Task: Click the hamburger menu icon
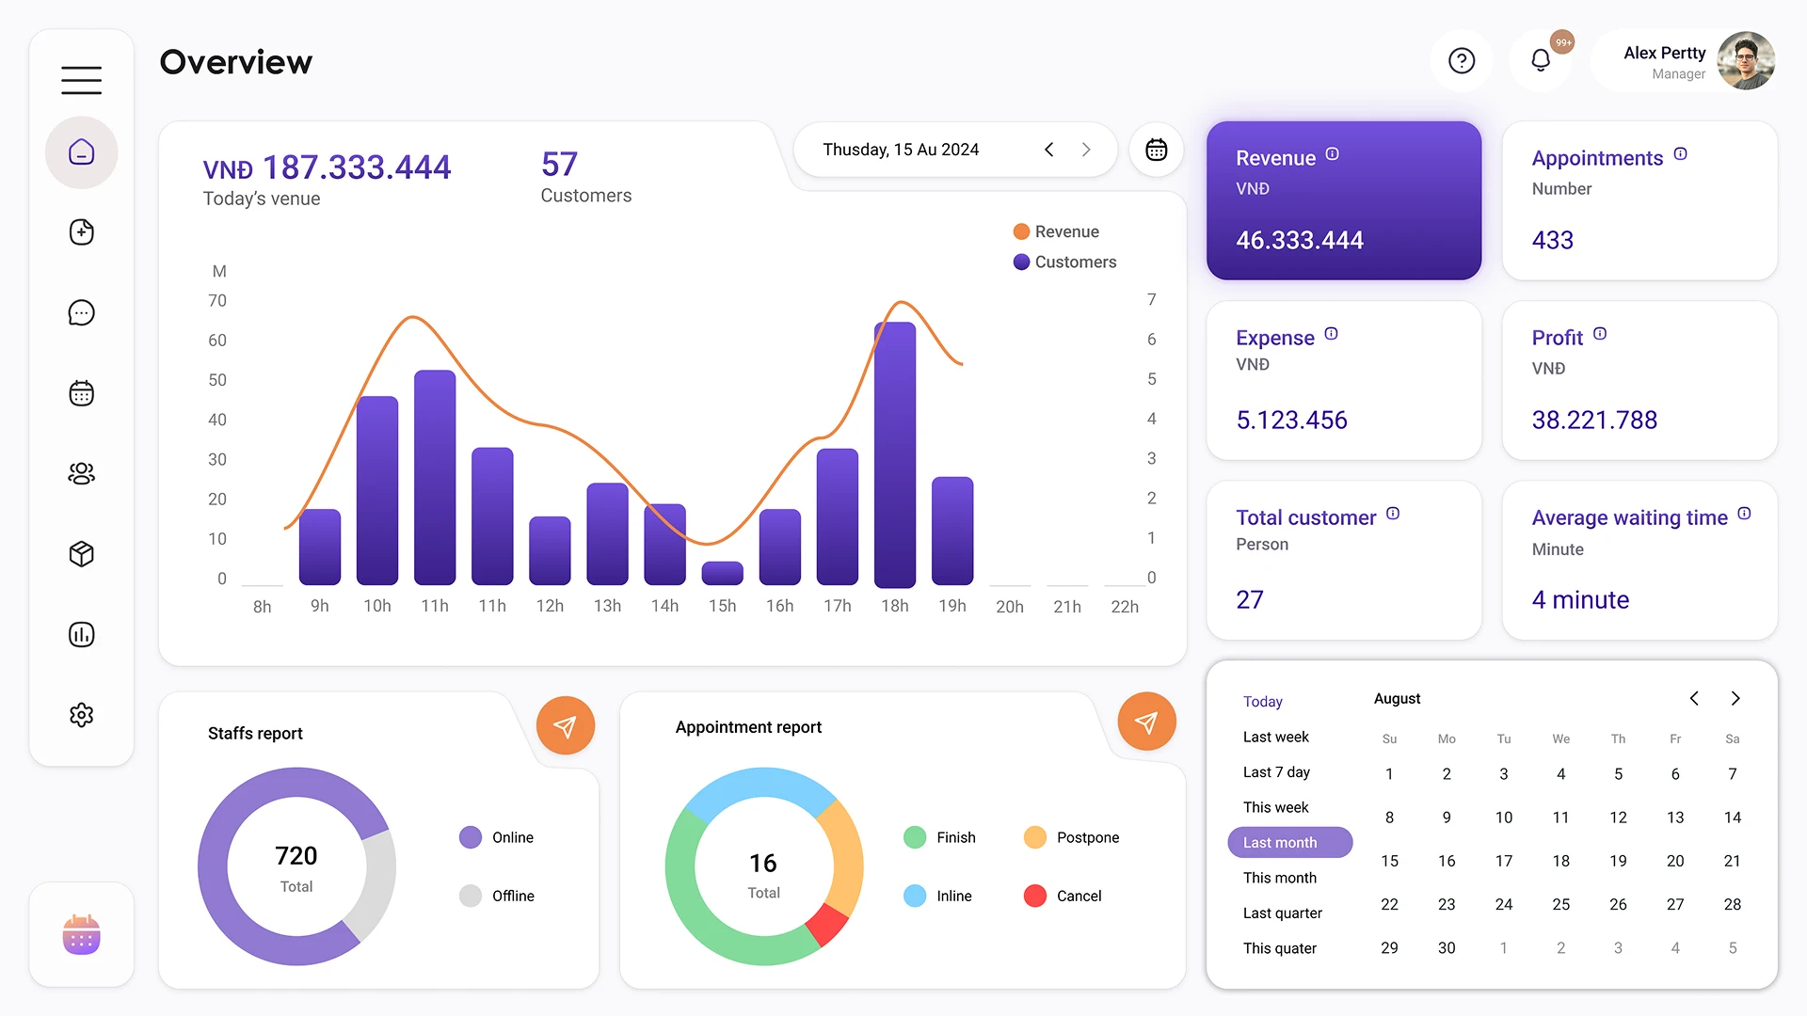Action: (82, 80)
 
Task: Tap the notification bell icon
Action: (1541, 61)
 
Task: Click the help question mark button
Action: (1462, 61)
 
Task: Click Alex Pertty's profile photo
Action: (1746, 61)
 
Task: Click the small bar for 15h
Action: (723, 573)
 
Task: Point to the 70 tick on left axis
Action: (217, 301)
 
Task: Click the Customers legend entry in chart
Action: (1064, 262)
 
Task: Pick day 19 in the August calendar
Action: (1618, 861)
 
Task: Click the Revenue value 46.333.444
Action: (1299, 241)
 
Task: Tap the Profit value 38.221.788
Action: (1594, 421)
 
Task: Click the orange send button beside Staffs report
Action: (566, 726)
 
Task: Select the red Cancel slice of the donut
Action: (827, 925)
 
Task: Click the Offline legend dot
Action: (471, 896)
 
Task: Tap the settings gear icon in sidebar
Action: (82, 715)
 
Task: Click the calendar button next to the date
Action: (1157, 150)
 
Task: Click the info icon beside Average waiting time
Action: (1744, 514)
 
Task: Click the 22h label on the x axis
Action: (1125, 607)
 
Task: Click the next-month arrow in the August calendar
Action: (1735, 698)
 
